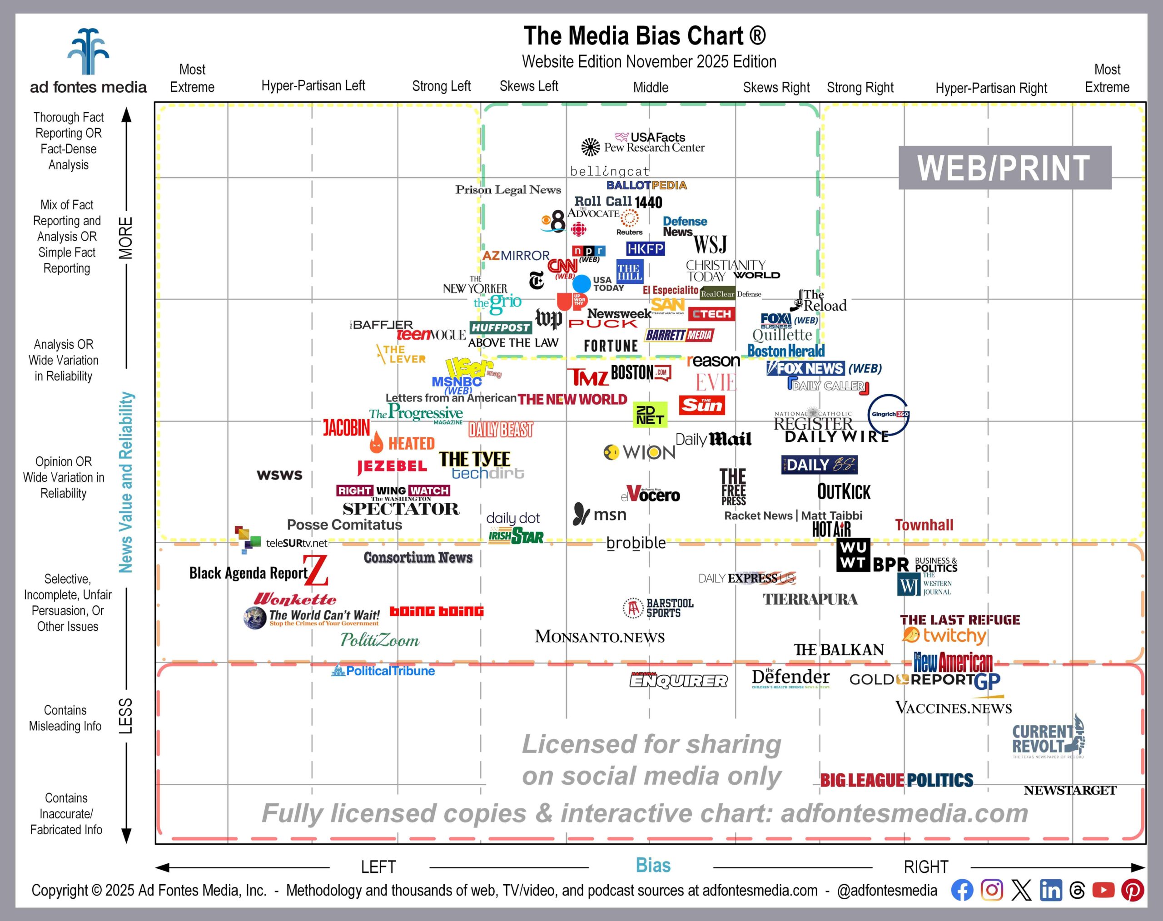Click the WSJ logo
point(710,245)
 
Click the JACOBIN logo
point(346,428)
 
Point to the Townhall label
point(924,525)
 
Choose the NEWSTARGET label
point(1070,791)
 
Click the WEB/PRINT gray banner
point(1004,168)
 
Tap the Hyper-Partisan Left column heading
point(313,86)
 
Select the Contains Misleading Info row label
point(65,718)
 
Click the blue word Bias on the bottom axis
point(653,866)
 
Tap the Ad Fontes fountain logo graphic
point(88,52)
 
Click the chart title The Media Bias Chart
point(644,36)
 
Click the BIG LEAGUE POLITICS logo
point(896,780)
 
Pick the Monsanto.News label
point(599,637)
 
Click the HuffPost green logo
point(501,327)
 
